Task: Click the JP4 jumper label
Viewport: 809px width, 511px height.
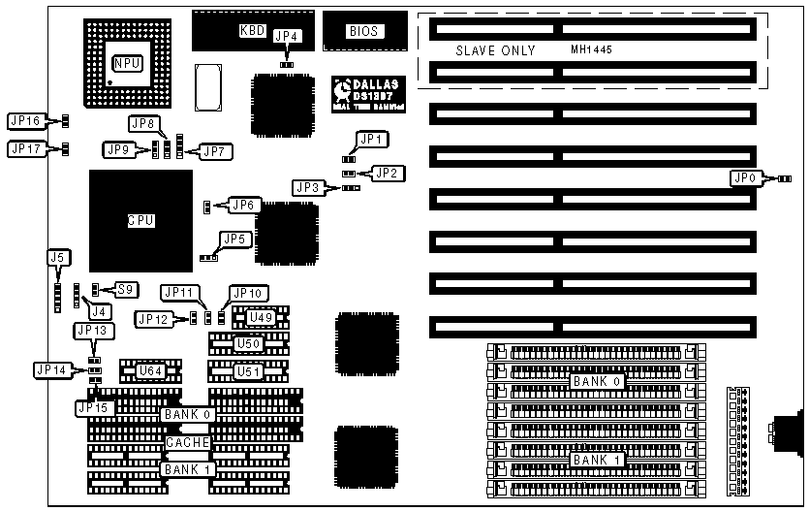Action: [288, 37]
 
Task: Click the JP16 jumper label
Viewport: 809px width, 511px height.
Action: [25, 121]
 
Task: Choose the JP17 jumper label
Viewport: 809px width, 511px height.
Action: [25, 149]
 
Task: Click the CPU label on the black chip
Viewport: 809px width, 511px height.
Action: [141, 220]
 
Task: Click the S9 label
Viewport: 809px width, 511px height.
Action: [124, 289]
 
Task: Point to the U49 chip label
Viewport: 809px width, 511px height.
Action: [259, 316]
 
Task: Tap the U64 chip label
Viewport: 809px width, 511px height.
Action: [149, 370]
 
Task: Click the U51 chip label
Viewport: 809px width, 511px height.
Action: [248, 370]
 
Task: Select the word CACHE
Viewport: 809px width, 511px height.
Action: [187, 442]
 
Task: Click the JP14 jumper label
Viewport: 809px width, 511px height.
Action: [49, 368]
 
